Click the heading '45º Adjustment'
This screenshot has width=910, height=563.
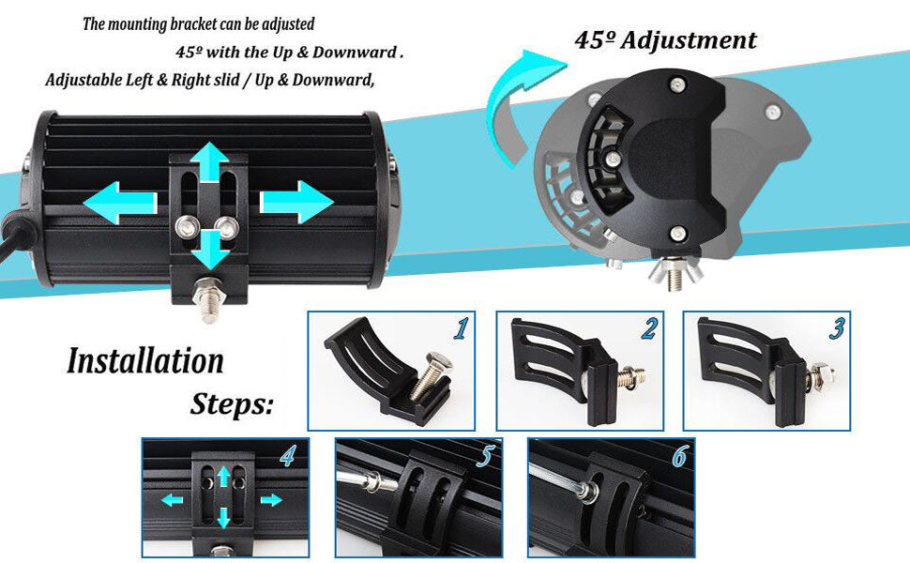point(665,40)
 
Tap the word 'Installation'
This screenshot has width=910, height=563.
point(145,361)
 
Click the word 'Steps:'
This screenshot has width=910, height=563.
point(233,404)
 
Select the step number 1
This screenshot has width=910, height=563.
point(460,328)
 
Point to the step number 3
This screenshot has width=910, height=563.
point(836,328)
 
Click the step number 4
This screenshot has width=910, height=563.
point(289,456)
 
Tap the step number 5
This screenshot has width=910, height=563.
point(484,456)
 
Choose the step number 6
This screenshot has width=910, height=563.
point(677,456)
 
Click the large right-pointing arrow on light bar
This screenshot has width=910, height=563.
point(296,203)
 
